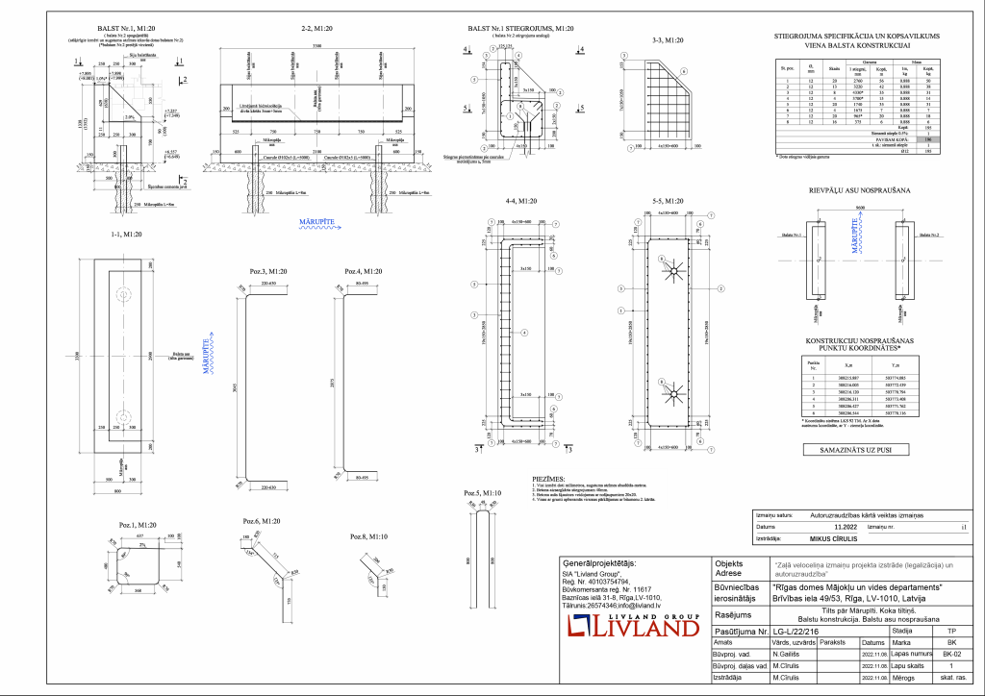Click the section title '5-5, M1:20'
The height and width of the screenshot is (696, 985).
[x=667, y=202]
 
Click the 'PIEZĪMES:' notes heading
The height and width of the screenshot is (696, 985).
[x=549, y=478]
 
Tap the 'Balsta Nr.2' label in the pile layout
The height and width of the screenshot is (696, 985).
[x=929, y=235]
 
